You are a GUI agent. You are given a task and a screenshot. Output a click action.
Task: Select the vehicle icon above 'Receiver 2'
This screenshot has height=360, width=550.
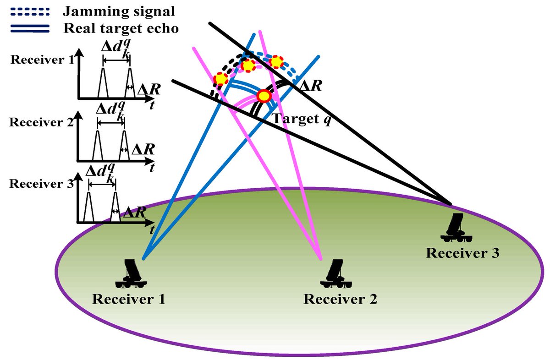(x=337, y=273)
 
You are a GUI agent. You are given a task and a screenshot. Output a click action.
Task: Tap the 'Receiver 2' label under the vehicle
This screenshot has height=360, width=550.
(x=341, y=299)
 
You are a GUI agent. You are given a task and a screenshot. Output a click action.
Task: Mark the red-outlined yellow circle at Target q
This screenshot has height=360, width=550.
(x=264, y=96)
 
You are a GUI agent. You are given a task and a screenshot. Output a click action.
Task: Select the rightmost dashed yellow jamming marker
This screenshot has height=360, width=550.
(x=276, y=62)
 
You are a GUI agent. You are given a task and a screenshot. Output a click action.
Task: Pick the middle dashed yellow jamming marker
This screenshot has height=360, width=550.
(x=248, y=65)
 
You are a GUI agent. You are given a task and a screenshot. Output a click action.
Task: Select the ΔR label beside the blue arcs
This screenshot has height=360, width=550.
(x=310, y=85)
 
